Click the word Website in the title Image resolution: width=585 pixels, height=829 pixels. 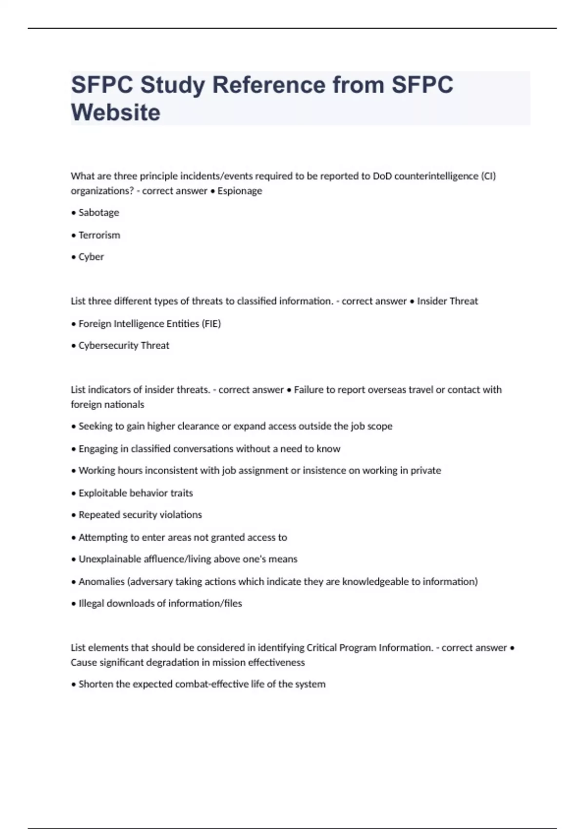coord(116,113)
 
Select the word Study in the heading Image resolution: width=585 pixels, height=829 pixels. coord(173,85)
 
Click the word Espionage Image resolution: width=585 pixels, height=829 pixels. coord(240,191)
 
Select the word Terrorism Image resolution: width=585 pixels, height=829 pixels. coord(99,235)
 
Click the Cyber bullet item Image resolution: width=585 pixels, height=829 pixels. coord(91,257)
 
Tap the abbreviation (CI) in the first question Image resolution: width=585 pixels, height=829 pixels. coord(488,176)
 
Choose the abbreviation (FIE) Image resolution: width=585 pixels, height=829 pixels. coord(211,324)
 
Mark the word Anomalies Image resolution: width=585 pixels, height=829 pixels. coord(101,582)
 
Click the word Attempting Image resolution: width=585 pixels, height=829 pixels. coord(102,537)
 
